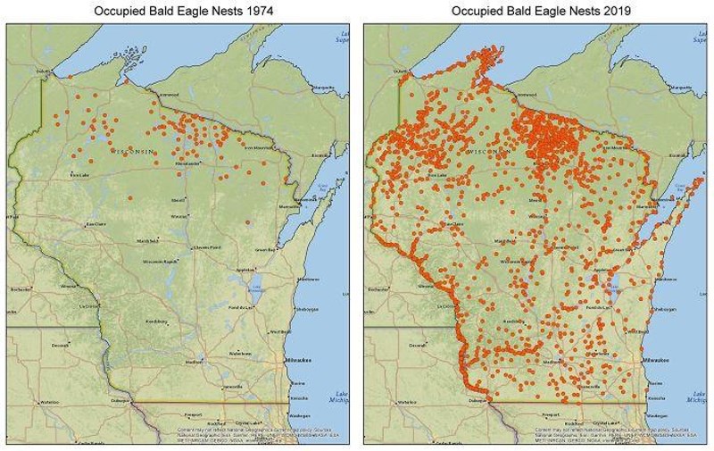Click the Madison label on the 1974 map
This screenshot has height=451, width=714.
coord(193,362)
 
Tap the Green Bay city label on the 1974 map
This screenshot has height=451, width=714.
coord(264,249)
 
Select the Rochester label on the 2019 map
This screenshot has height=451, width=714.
coord(378,289)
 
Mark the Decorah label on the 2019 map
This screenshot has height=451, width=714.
coord(416,344)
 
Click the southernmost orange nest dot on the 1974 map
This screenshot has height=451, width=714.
coord(247,221)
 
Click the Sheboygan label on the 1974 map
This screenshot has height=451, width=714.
coord(307,309)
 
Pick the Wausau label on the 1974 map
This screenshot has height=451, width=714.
coord(179,215)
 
